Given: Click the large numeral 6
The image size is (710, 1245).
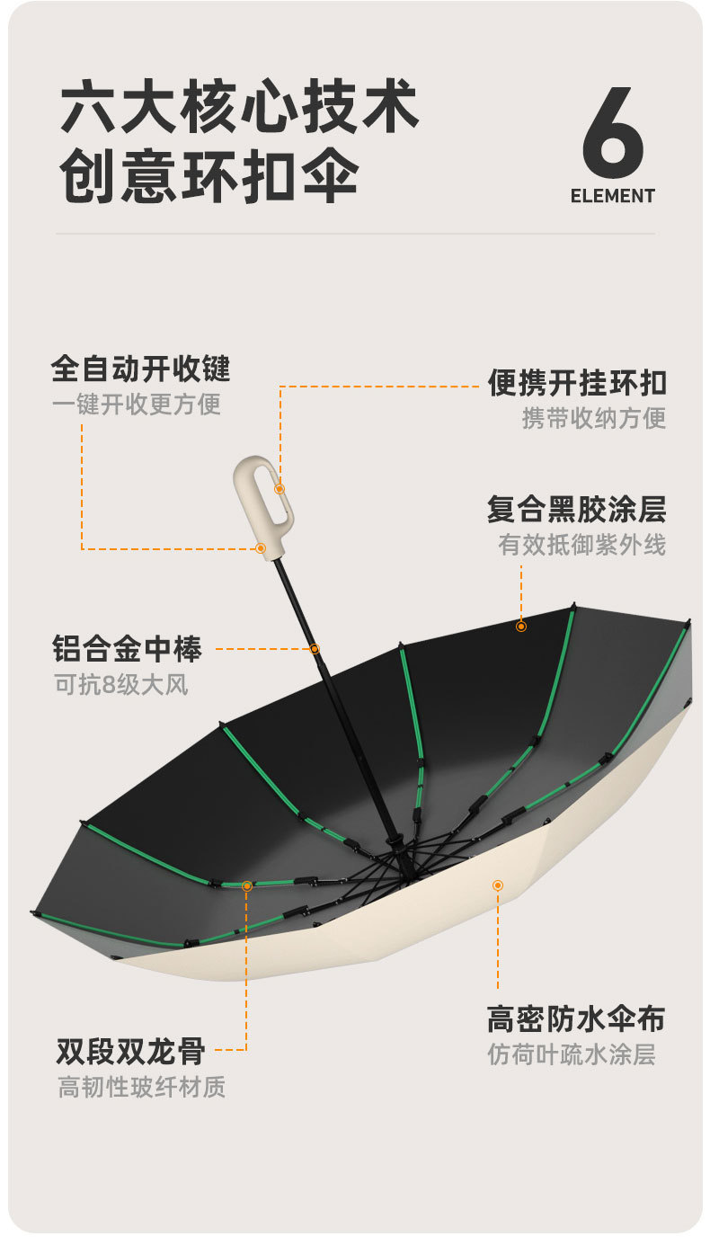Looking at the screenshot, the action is click(x=613, y=132).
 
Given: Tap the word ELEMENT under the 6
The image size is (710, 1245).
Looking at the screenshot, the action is click(x=613, y=196).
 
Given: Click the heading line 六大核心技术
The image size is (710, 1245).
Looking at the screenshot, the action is click(x=240, y=109).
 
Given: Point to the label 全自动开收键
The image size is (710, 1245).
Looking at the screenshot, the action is click(x=141, y=369).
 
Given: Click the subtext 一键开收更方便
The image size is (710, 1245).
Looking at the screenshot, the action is click(x=137, y=404).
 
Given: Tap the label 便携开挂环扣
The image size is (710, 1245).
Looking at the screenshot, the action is click(x=577, y=383).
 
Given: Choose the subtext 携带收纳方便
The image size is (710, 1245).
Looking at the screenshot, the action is click(x=594, y=418).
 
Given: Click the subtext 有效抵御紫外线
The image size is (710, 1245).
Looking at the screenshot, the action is click(x=582, y=545).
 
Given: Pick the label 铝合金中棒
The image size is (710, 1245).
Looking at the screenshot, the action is click(x=128, y=648).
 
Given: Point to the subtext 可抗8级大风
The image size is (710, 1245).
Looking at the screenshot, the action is click(x=121, y=684).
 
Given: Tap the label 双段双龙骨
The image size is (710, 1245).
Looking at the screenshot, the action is click(x=131, y=1050).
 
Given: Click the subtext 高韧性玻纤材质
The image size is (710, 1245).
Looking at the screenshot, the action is click(x=142, y=1087).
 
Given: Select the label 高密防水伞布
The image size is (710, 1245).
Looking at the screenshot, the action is click(x=576, y=1018).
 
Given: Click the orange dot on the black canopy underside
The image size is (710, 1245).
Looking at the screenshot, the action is click(x=520, y=626).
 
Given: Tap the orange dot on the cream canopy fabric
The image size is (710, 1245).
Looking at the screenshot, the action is click(x=497, y=885).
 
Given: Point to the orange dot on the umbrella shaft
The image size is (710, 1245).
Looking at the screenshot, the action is click(x=315, y=648).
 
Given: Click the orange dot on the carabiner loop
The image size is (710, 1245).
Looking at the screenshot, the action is click(x=280, y=489).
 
